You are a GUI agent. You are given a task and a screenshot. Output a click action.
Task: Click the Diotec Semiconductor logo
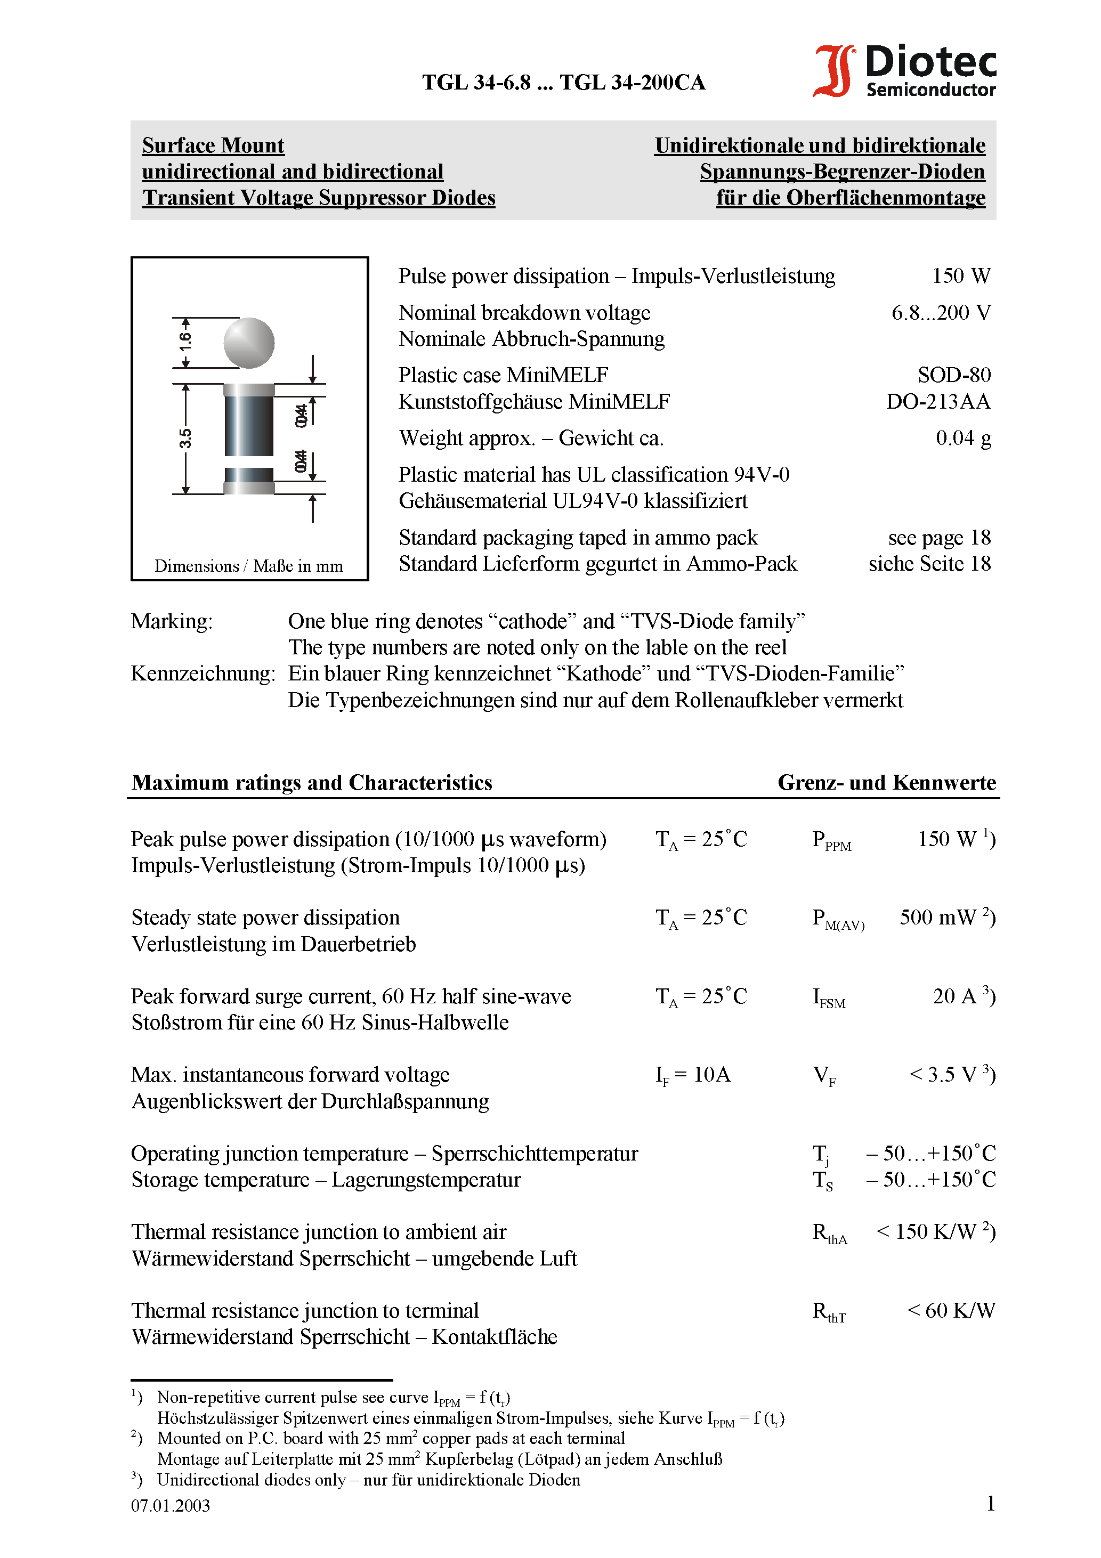coord(905,70)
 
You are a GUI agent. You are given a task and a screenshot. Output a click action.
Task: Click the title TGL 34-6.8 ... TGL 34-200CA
coord(563,83)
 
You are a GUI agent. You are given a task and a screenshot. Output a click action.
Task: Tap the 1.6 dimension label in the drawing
coord(184,342)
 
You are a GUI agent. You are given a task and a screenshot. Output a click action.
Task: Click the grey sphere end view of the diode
coord(249,343)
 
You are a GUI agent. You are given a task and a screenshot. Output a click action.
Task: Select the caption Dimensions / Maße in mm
coord(248,566)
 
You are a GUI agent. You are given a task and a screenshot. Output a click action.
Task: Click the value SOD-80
coord(954,375)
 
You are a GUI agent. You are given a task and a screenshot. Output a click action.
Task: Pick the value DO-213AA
coord(937,401)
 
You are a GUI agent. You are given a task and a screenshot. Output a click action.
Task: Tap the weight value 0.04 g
coord(962,437)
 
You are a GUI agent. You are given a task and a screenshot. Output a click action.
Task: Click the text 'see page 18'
coord(939,538)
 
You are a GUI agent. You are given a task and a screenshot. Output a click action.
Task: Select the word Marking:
coord(172,621)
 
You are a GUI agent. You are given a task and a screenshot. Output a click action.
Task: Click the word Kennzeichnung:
coord(203,673)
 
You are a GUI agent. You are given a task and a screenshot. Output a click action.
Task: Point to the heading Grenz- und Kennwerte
coord(886,782)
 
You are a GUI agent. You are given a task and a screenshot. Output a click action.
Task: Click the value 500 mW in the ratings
coord(937,918)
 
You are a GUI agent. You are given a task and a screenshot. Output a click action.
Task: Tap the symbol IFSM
coord(829,997)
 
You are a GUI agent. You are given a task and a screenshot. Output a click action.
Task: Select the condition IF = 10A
coord(692,1075)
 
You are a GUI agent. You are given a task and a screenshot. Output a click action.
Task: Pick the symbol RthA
coord(830,1233)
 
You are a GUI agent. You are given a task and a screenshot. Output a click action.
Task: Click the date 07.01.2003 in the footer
coord(171,1506)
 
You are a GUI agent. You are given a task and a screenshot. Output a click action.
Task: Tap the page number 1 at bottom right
coord(990,1504)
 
